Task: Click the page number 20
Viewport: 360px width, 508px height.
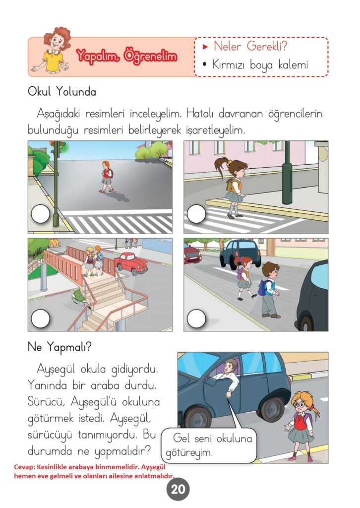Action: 178,489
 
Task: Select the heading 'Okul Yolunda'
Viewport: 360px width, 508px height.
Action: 62,92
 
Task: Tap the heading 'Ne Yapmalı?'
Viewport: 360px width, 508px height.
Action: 60,347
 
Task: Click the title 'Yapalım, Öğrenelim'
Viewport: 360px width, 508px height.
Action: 126,57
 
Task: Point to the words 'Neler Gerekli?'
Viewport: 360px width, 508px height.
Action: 250,46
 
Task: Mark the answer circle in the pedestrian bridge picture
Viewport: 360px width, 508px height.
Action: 41,318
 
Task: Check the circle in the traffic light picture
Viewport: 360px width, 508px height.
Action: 41,214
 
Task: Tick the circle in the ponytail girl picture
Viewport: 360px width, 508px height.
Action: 196,214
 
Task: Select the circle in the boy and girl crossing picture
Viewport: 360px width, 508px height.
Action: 196,318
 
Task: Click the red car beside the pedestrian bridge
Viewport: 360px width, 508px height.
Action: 131,263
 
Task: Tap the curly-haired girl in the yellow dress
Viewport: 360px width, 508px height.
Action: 54,50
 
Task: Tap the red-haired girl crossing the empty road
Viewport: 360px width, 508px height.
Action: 107,177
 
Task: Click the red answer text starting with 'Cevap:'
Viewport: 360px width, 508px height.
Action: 94,472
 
